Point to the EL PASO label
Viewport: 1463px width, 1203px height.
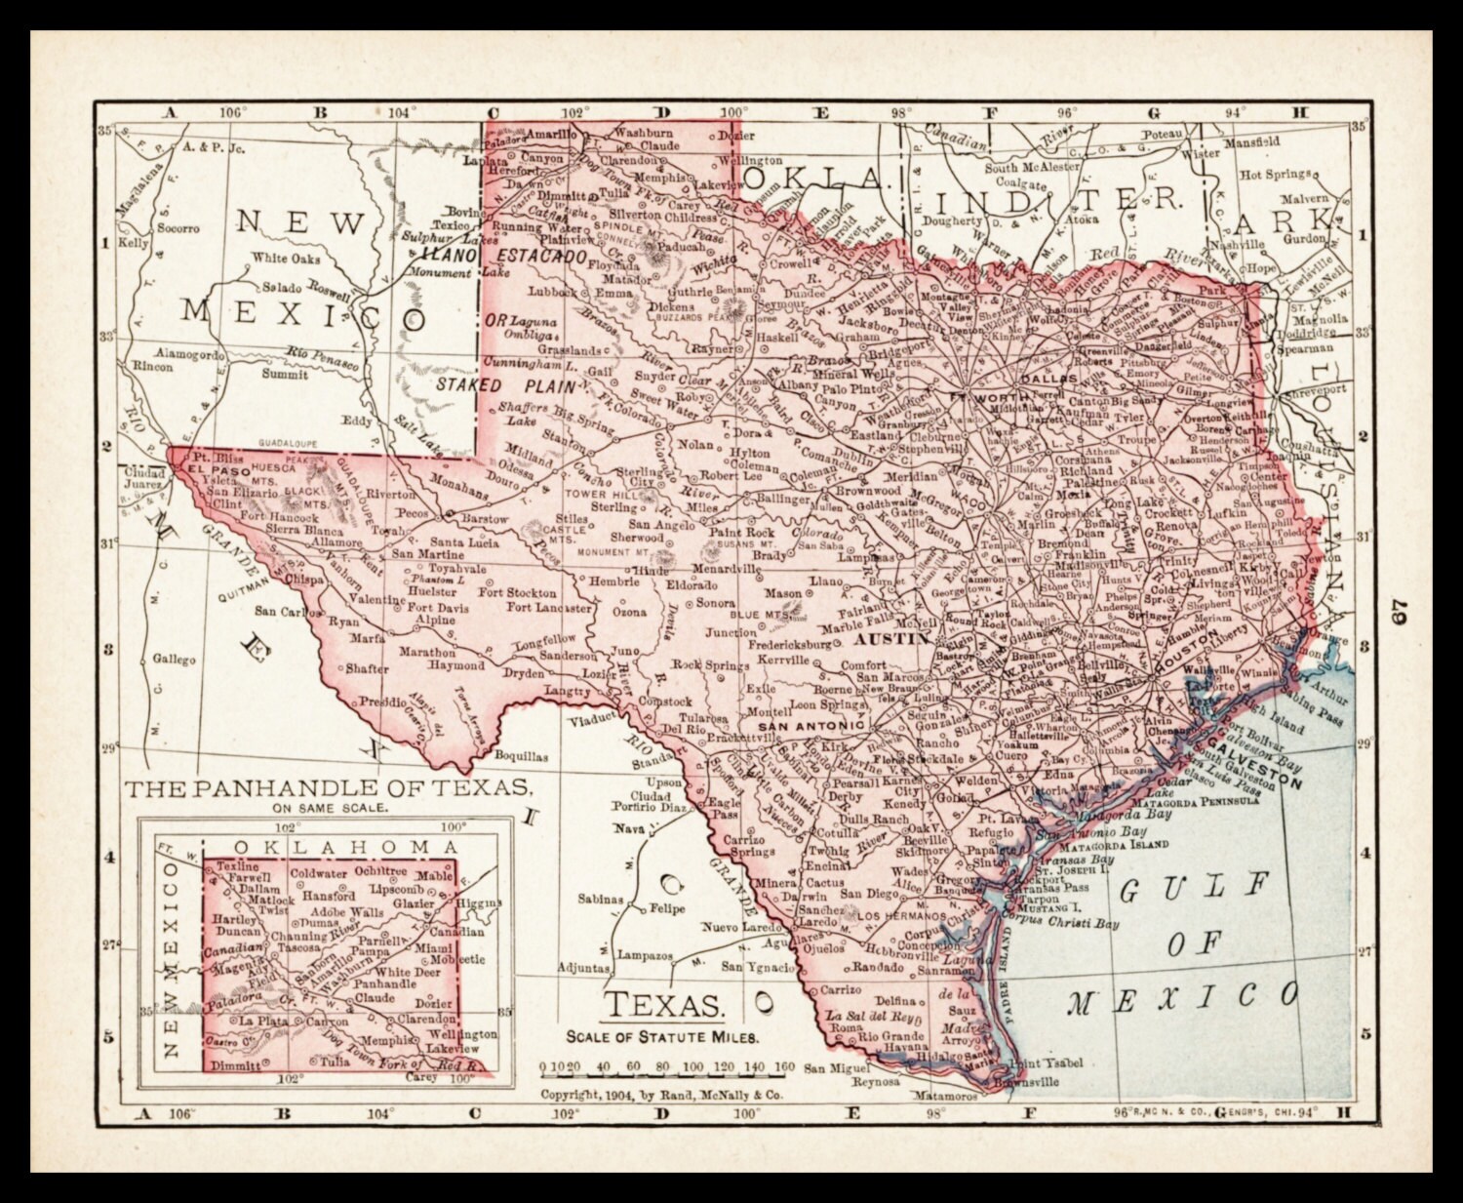[207, 468]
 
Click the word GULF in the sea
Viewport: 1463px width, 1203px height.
[1195, 888]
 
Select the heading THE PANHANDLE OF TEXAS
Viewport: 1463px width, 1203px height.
[328, 788]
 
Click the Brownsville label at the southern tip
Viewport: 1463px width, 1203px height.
[1027, 1082]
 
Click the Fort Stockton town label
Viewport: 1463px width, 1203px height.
[517, 592]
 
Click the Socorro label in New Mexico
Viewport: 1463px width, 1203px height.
[178, 228]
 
